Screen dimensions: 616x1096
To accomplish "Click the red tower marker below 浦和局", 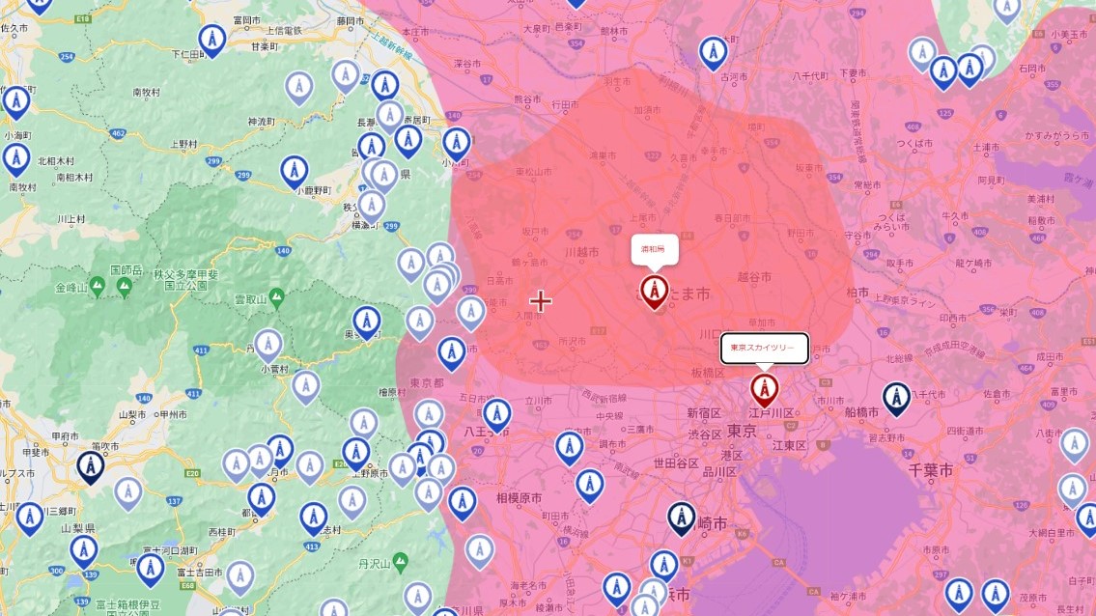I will [x=655, y=290].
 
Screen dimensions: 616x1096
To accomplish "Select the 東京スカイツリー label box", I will [x=764, y=348].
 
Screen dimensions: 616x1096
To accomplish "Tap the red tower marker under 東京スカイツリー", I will [x=764, y=391].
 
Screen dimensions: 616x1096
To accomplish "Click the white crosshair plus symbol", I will [x=541, y=301].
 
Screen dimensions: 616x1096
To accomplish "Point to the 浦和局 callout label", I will [x=654, y=248].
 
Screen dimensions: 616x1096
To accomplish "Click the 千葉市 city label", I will [x=931, y=470].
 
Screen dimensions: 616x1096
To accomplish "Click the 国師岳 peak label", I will [x=126, y=269].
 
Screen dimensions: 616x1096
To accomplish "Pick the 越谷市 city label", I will [x=754, y=277].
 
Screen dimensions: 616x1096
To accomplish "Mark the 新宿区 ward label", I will [x=704, y=412].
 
